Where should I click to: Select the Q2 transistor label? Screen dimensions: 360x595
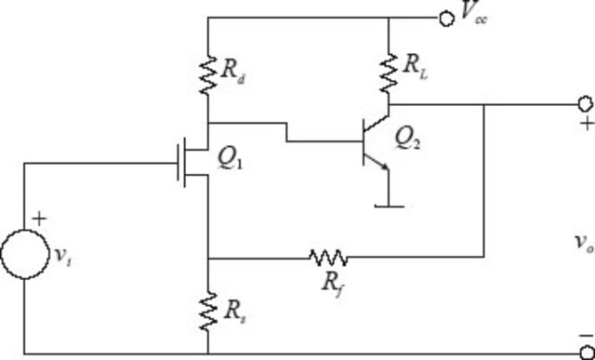(410, 138)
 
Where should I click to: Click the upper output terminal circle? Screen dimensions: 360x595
(585, 103)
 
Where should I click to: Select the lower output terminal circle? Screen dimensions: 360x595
(585, 353)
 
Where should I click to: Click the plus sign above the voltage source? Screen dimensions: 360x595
(40, 220)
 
